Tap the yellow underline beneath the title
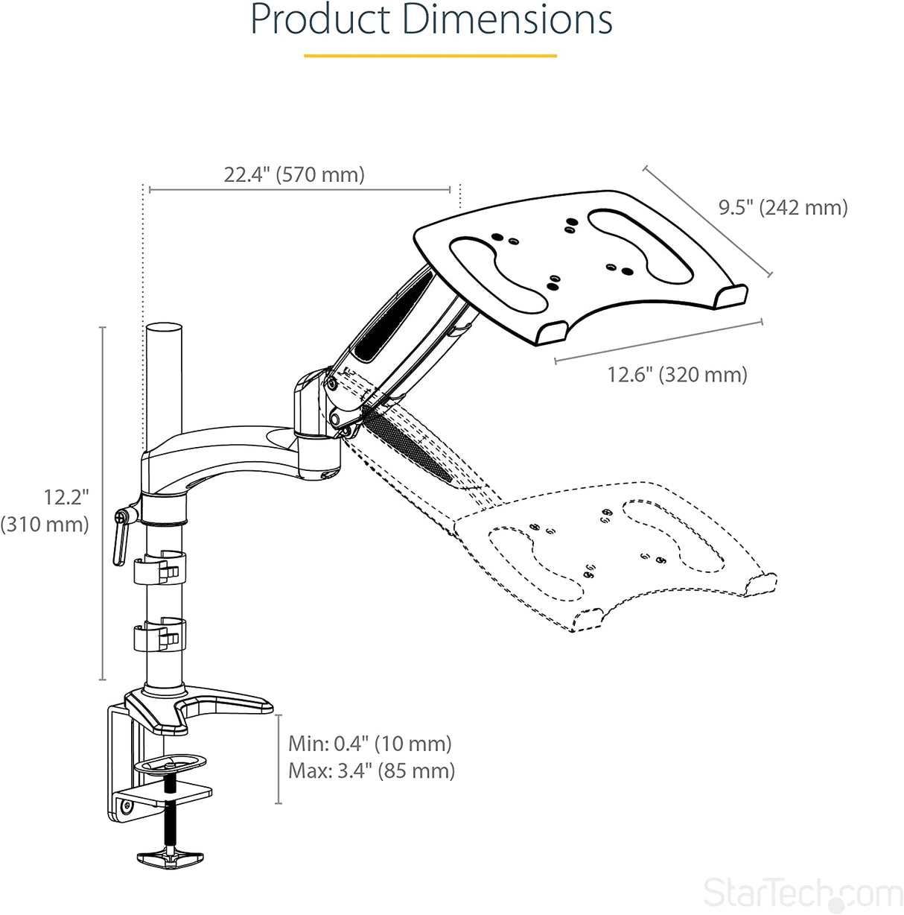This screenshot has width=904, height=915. coord(430,56)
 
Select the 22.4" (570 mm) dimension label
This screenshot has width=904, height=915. coord(294,174)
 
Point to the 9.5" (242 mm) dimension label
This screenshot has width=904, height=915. coord(783,207)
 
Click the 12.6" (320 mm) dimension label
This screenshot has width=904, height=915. coord(677,374)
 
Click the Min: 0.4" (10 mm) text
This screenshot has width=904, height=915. coord(370,743)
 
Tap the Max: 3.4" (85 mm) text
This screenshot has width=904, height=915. coord(372,770)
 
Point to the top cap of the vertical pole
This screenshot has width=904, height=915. coord(165,329)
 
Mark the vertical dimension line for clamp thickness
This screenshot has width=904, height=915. coord(278,759)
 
